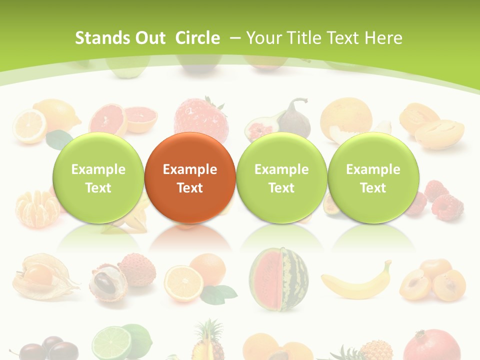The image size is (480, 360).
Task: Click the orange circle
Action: click(x=189, y=178)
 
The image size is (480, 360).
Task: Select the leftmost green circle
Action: click(x=98, y=178)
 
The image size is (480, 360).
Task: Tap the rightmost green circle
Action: click(x=373, y=178)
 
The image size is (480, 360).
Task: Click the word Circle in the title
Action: click(x=197, y=38)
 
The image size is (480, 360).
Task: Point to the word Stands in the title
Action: click(x=103, y=38)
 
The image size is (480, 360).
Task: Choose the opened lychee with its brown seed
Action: click(x=107, y=283)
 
